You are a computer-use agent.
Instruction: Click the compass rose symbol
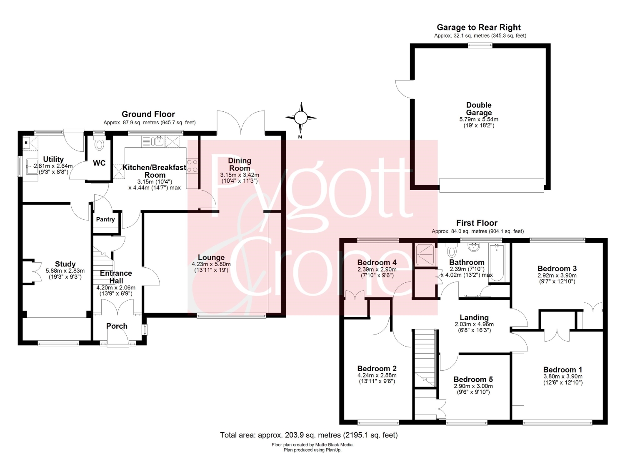click(x=301, y=118)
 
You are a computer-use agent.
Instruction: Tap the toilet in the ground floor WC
click(x=99, y=143)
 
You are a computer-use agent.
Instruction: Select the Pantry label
click(x=105, y=219)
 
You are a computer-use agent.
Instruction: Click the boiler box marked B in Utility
click(x=26, y=143)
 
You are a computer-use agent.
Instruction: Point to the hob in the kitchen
click(x=192, y=165)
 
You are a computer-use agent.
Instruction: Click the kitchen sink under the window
click(x=157, y=141)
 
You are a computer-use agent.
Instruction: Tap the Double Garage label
click(x=479, y=109)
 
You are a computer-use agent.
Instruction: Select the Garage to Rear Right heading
click(x=479, y=28)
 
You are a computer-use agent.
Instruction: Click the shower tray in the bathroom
click(x=425, y=255)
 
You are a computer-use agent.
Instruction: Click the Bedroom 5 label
click(x=473, y=380)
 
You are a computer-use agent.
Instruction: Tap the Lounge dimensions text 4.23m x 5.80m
click(x=211, y=264)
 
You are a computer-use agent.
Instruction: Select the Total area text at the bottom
click(x=309, y=435)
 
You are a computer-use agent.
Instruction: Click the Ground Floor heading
click(x=148, y=114)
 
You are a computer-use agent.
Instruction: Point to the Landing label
click(x=474, y=317)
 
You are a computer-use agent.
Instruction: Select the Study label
click(x=65, y=264)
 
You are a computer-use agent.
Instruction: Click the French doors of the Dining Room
click(x=241, y=122)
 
